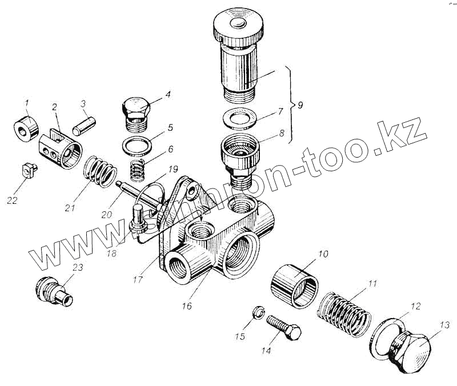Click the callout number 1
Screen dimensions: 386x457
26,103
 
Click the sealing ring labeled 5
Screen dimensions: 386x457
137,144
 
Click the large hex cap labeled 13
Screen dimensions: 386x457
410,349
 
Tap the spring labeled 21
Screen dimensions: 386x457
101,172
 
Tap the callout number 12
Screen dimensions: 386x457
415,307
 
